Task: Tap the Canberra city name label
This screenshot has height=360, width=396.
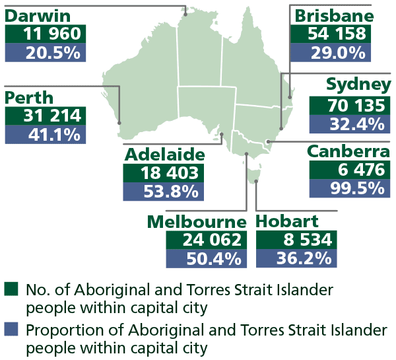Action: (x=349, y=151)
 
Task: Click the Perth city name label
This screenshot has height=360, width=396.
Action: (x=30, y=97)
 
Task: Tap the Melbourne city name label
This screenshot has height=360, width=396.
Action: (x=197, y=221)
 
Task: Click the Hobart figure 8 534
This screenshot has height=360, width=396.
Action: (x=297, y=240)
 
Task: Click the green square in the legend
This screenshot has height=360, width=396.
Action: (x=10, y=289)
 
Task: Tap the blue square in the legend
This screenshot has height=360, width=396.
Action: (x=10, y=328)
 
